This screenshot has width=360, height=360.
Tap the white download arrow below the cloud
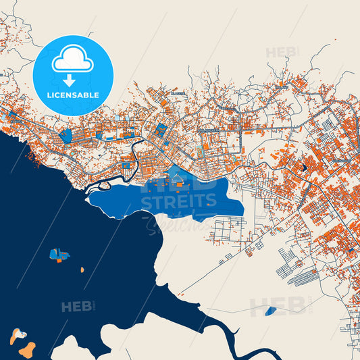pos(72,80)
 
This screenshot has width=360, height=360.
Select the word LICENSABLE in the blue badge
pos(72,95)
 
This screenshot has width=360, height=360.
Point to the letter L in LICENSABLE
pos(49,95)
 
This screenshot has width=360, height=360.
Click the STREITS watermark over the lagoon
pos(179,200)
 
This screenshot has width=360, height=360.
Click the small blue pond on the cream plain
pos(271,311)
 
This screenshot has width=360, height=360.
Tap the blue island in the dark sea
pos(56,254)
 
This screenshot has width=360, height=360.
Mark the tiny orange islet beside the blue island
pos(82,269)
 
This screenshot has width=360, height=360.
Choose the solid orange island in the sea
pos(28,349)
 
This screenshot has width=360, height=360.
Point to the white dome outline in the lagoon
pos(178,180)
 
